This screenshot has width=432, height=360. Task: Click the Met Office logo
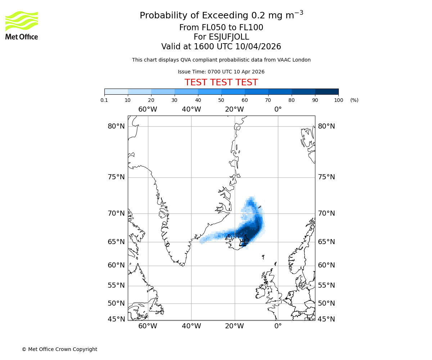[22, 25]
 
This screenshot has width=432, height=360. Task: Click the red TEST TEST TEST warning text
[221, 82]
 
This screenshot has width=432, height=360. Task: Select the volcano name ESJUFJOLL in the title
[221, 37]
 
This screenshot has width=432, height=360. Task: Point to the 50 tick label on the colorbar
[221, 100]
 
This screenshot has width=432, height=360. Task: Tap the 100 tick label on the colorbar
[338, 100]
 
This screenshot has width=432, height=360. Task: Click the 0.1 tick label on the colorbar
[104, 100]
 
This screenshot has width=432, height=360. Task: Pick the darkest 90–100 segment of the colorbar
[327, 91]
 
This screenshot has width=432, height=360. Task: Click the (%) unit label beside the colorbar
[354, 100]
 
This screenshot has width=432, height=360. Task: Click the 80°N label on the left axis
[116, 126]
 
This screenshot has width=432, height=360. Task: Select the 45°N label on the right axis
[326, 319]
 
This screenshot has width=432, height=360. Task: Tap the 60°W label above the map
[148, 109]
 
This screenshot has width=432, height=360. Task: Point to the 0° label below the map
[278, 326]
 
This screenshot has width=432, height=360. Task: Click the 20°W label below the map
[234, 326]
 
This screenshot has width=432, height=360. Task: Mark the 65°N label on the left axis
[116, 242]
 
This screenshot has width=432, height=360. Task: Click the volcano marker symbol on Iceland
[244, 241]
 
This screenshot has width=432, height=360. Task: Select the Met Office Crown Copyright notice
[59, 349]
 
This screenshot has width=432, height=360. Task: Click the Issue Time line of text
[221, 72]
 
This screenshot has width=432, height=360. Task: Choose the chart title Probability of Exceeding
[221, 15]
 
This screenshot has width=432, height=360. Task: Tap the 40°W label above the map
[191, 109]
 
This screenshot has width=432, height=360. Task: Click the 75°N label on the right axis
[326, 177]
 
